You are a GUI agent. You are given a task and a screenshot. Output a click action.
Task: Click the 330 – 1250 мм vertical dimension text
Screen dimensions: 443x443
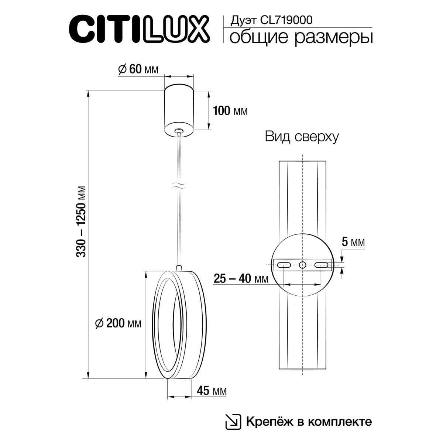click(x=82, y=221)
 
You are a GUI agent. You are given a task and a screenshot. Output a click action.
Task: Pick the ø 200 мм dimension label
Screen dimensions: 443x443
click(x=118, y=323)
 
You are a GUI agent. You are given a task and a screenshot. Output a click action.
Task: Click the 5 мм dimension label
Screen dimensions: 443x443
click(x=353, y=243)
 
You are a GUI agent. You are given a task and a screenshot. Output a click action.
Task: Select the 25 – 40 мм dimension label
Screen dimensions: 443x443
click(x=241, y=279)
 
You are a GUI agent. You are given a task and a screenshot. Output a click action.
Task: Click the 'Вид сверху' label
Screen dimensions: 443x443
click(x=302, y=137)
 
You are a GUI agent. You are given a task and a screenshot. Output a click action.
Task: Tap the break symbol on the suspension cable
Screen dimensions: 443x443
click(x=179, y=186)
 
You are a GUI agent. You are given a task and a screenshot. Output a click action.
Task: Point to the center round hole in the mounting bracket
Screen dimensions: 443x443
click(x=303, y=264)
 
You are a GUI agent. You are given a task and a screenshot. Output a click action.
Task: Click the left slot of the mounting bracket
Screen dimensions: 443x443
click(x=284, y=264)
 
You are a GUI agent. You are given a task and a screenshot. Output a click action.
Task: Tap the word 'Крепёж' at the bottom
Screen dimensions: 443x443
click(x=264, y=421)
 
